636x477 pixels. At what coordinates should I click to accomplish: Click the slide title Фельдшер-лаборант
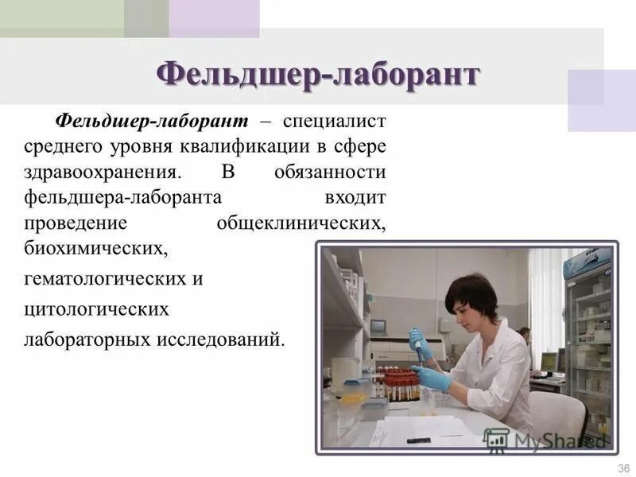318,76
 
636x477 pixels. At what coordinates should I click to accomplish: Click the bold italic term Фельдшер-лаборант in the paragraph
152,121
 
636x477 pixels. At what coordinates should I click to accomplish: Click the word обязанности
330,172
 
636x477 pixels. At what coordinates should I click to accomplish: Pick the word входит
355,197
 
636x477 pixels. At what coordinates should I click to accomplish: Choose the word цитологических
96,308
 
